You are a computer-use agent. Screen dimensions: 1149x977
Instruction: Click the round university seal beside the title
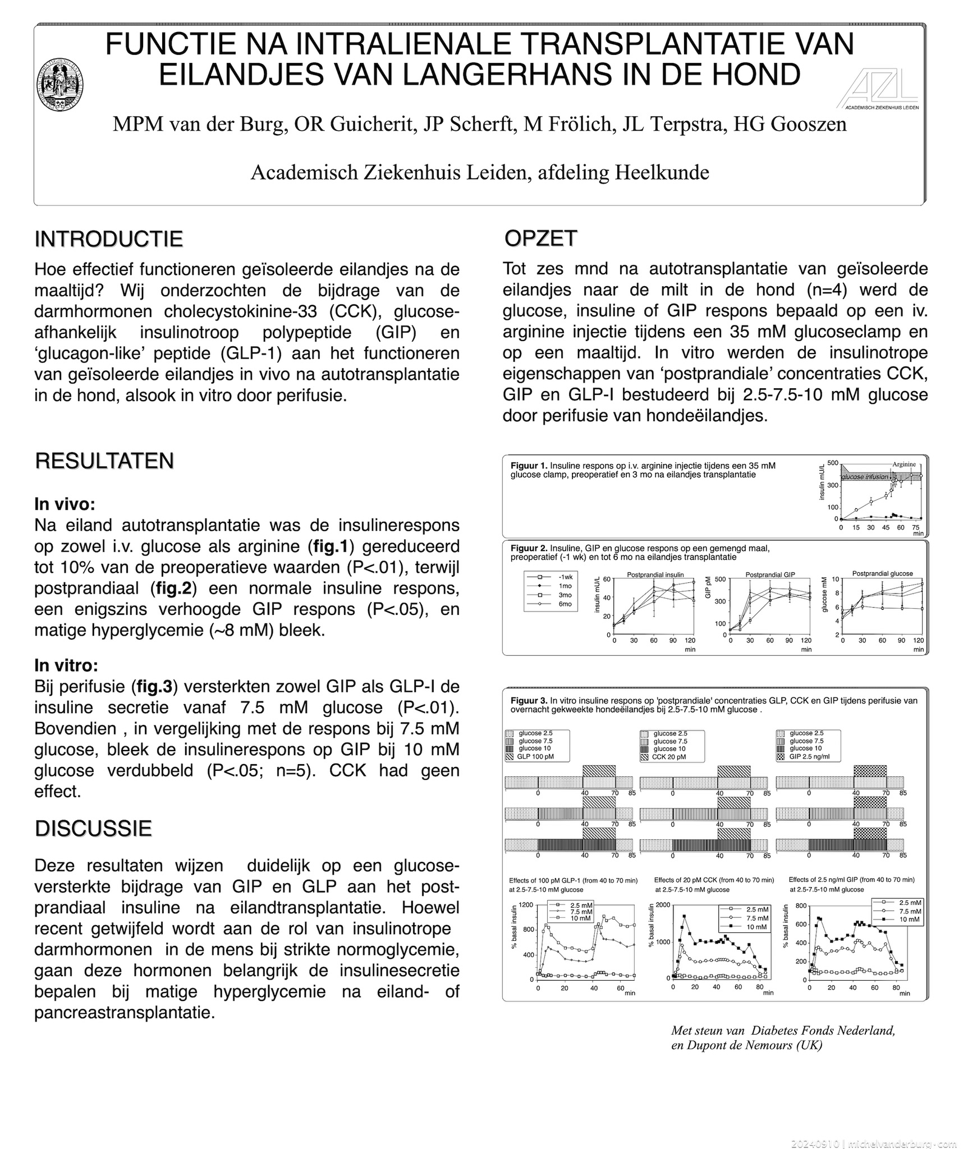61,85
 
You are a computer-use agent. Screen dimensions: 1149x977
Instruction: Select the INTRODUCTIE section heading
109,239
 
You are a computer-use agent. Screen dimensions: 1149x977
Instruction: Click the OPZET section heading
540,238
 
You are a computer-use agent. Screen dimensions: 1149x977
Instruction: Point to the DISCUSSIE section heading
93,828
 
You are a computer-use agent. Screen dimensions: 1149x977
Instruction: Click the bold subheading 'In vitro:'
66,665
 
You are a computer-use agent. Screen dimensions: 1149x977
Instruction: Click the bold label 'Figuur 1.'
529,466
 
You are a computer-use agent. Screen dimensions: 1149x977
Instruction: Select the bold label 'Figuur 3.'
529,700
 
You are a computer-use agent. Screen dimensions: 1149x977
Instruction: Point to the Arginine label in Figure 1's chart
904,464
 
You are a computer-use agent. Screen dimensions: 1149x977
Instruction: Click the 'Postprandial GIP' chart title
770,574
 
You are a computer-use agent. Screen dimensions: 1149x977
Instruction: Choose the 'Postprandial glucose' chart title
882,573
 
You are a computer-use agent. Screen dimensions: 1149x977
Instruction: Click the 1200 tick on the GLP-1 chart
526,905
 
